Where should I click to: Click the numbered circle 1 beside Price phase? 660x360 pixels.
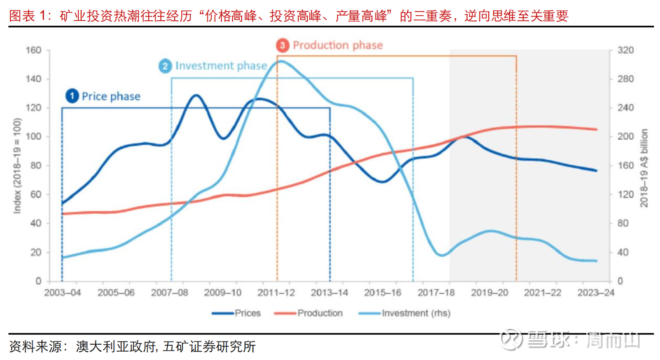tap(72, 96)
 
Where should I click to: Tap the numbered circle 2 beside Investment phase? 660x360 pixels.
tap(165, 66)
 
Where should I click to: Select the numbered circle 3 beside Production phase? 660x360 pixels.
tap(282, 45)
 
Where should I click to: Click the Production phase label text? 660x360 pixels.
tap(338, 45)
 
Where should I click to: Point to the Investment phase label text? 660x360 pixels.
tap(221, 66)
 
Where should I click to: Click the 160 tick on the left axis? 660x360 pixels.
tap(33, 50)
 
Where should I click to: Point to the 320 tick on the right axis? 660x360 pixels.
tap(625, 50)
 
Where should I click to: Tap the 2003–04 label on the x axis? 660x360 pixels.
tap(62, 292)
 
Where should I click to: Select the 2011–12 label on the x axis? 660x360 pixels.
tap(276, 292)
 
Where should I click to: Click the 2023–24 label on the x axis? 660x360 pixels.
tap(596, 292)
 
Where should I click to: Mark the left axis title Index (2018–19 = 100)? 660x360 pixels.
tap(17, 165)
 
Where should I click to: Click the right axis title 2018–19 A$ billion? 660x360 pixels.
tap(644, 168)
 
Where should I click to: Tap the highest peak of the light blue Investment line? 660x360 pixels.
tap(282, 61)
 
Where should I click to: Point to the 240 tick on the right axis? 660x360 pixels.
tap(625, 108)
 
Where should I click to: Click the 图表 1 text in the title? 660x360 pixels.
tap(28, 16)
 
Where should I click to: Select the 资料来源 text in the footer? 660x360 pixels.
tap(36, 347)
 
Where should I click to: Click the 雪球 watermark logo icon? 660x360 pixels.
tap(511, 339)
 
